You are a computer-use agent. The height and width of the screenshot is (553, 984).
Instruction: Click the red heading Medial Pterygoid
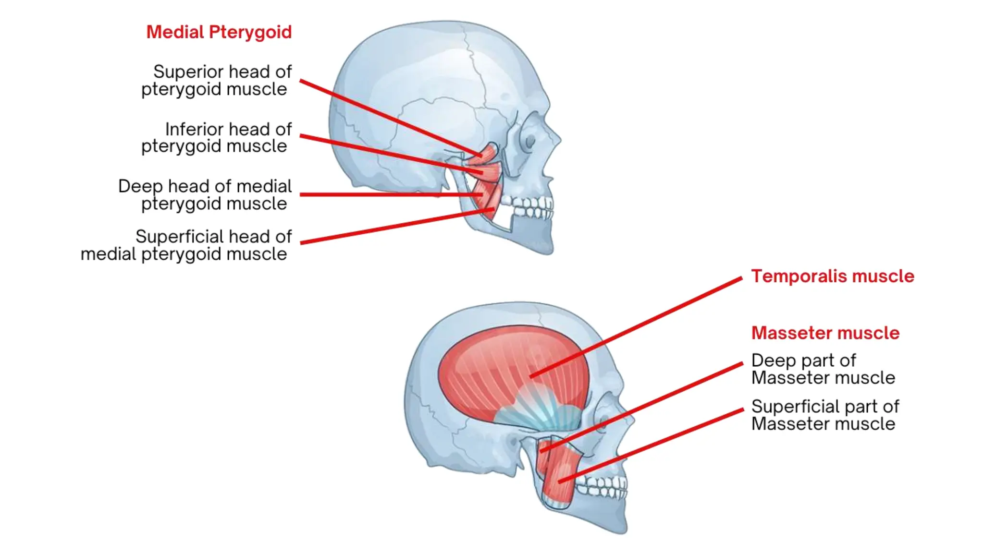point(219,32)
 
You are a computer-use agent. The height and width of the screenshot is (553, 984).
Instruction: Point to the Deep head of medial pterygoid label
point(206,194)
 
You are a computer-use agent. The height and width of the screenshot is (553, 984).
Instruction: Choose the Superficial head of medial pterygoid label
point(186,245)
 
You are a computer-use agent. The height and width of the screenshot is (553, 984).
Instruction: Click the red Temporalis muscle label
point(832,276)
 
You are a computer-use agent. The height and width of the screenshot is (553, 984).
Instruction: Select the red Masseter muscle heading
point(825,333)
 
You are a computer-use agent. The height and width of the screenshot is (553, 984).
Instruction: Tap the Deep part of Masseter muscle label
point(823,369)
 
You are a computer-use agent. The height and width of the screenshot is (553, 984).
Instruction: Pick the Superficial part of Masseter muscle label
point(824,415)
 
